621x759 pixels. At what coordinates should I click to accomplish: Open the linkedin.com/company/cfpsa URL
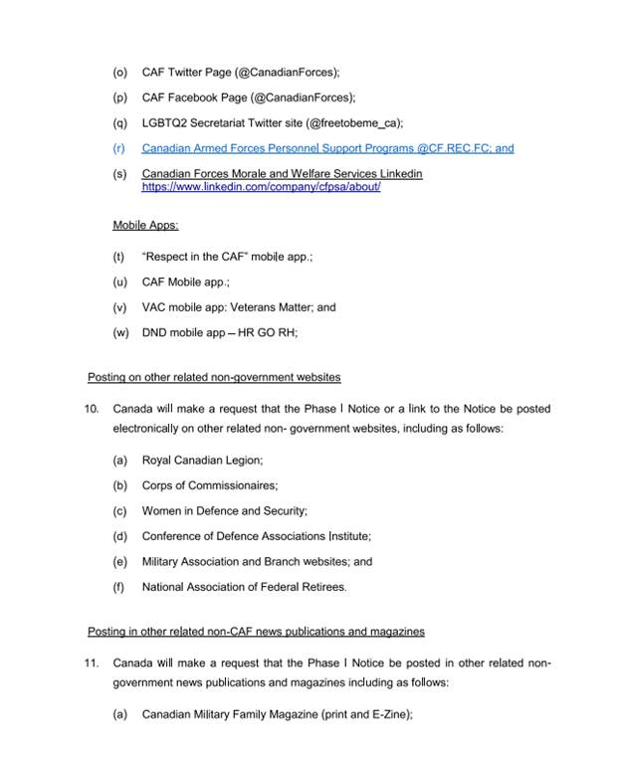[x=261, y=186]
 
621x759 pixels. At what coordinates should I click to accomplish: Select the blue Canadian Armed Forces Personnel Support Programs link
[x=327, y=148]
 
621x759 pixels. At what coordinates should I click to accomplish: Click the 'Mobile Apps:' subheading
[x=145, y=226]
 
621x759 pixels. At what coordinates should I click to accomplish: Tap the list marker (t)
[x=119, y=257]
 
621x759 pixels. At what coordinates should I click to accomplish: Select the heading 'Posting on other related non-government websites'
[x=214, y=377]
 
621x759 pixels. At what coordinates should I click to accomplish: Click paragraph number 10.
[x=92, y=409]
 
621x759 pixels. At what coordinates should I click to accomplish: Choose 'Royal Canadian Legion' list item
[x=202, y=461]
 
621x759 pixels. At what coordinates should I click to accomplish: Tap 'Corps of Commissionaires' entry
[x=209, y=485]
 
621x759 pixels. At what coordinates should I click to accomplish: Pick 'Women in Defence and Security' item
[x=224, y=511]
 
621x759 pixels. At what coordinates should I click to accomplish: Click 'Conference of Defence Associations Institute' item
[x=256, y=536]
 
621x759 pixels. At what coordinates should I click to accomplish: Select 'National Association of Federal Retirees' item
[x=244, y=587]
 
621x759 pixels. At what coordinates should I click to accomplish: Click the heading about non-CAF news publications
[x=256, y=632]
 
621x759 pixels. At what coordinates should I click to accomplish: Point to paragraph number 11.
[x=92, y=663]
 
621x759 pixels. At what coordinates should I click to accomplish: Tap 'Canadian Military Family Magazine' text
[x=235, y=714]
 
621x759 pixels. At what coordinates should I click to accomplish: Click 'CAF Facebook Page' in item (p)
[x=188, y=97]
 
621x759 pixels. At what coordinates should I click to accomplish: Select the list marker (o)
[x=120, y=72]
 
